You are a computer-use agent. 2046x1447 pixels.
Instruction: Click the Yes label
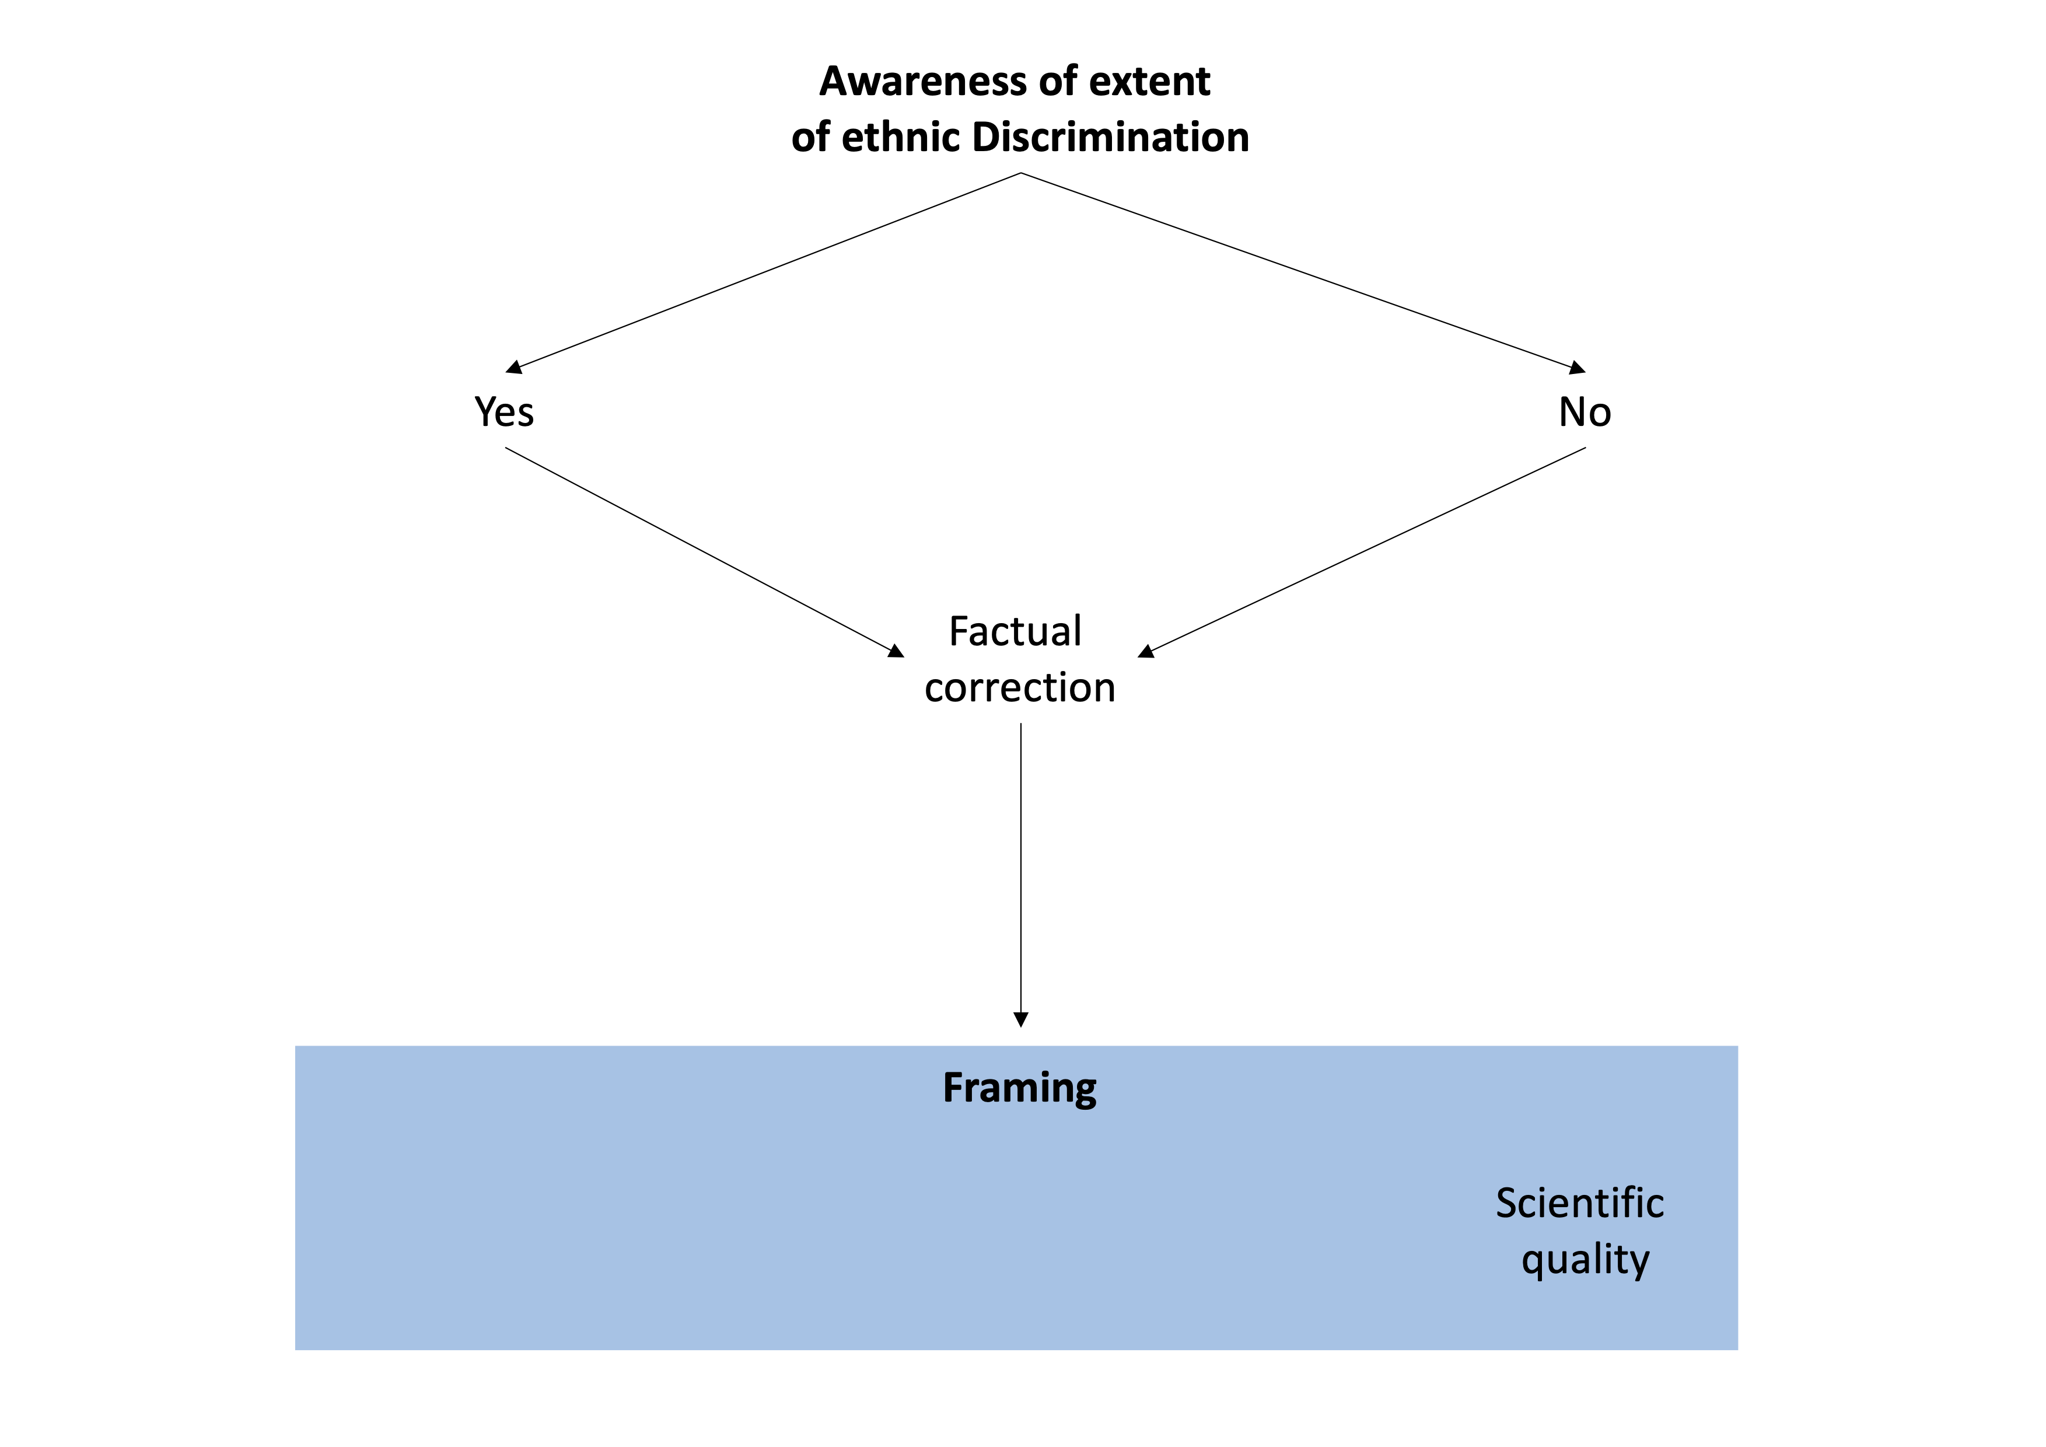coord(505,413)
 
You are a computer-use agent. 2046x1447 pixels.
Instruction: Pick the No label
coord(1585,413)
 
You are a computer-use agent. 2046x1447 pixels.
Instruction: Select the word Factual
coord(1015,632)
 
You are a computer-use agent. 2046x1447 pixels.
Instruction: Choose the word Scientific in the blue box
coord(1579,1203)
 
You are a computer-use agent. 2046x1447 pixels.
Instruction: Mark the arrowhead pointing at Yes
coord(513,367)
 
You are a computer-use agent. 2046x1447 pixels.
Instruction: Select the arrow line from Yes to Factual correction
coord(704,553)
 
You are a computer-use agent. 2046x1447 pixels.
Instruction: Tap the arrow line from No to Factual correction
coord(1362,553)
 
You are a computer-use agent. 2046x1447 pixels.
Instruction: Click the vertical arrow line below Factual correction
coord(1021,875)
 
